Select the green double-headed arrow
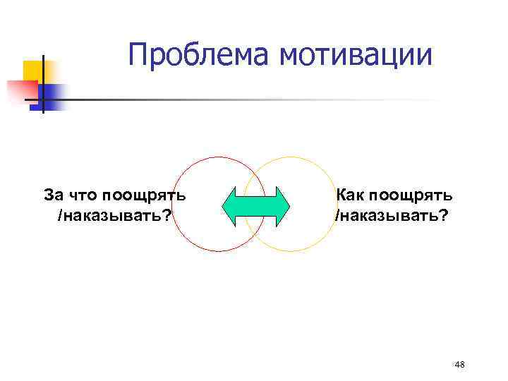(x=256, y=205)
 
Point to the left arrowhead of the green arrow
(x=230, y=205)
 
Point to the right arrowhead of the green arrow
(x=282, y=205)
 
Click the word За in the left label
(x=53, y=194)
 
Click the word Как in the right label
(x=349, y=194)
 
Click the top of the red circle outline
(x=219, y=157)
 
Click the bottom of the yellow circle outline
(x=291, y=252)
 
